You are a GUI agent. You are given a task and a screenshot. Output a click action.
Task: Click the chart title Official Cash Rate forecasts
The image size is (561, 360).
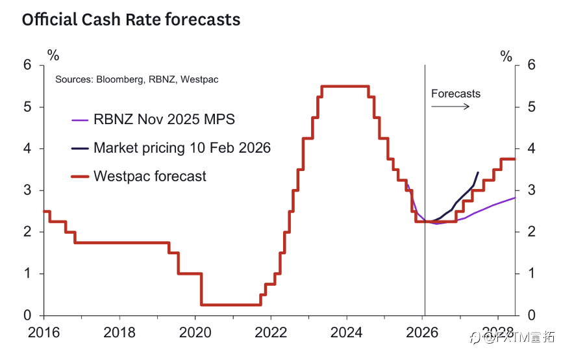131,20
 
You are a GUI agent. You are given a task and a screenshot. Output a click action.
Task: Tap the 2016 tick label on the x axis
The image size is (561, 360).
44,332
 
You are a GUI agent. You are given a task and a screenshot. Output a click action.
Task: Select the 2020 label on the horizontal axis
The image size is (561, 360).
195,332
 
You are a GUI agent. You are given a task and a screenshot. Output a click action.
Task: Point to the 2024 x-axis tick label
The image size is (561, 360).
347,332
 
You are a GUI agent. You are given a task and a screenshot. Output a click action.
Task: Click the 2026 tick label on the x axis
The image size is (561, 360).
423,332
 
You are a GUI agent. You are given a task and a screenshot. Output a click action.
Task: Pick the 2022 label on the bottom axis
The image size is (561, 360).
271,332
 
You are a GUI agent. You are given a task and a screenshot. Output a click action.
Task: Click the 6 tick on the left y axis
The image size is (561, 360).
27,65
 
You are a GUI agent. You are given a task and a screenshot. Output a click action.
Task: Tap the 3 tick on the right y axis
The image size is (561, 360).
532,190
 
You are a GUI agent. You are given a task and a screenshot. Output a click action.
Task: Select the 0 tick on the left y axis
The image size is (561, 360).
27,315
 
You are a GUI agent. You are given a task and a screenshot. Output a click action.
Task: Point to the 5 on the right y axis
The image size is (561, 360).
532,107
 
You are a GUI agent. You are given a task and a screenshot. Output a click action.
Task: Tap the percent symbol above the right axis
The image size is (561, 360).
506,56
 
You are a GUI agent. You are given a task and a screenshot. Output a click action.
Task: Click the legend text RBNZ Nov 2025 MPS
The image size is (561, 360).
164,120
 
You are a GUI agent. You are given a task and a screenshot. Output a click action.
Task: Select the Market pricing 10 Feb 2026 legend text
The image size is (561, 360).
182,148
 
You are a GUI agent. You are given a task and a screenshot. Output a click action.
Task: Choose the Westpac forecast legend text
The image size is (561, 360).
150,176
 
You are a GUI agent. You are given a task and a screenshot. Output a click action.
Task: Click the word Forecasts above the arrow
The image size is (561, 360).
456,94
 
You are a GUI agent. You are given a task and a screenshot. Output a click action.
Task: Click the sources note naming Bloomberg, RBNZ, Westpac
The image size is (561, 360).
137,79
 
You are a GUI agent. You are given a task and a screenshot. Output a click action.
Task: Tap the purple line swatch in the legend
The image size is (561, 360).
79,120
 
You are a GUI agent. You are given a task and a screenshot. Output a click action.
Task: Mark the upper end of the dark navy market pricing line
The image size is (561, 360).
479,172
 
